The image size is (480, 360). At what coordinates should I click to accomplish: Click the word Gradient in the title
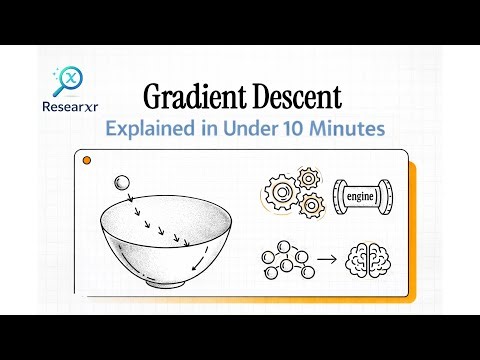tap(188, 97)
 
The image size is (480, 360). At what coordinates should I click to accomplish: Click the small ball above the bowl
tap(122, 183)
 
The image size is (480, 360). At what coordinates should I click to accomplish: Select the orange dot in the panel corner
tap(86, 159)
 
